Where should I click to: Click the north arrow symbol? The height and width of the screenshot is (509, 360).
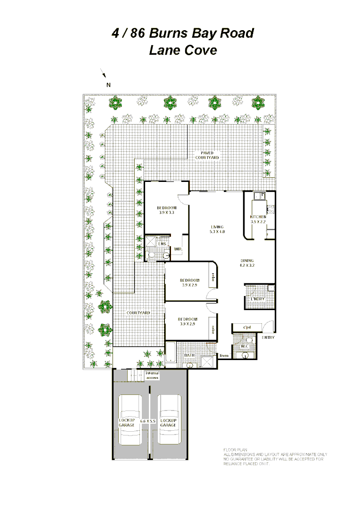pos(104,74)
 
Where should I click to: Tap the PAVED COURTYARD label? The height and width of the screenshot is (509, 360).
pos(207,155)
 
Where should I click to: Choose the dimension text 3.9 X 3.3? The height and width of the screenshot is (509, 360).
pos(166,213)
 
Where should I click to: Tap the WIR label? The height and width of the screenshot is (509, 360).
pos(179,248)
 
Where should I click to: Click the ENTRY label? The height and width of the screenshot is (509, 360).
pos(268,337)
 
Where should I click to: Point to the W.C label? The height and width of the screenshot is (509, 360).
pos(245,347)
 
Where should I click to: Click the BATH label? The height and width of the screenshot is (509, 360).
pos(189,355)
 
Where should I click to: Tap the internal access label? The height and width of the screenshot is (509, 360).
pos(152,376)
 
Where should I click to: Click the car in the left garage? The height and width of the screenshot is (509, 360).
pos(130,419)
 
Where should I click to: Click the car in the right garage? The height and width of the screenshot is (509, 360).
pos(169,419)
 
